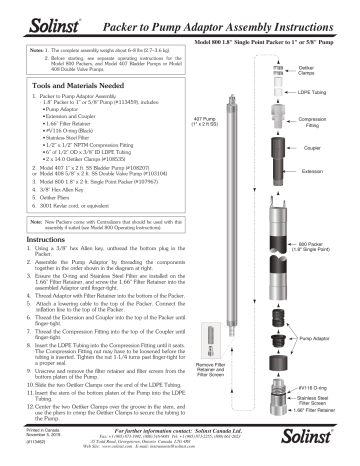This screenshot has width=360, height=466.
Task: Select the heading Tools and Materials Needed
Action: pos(67,86)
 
